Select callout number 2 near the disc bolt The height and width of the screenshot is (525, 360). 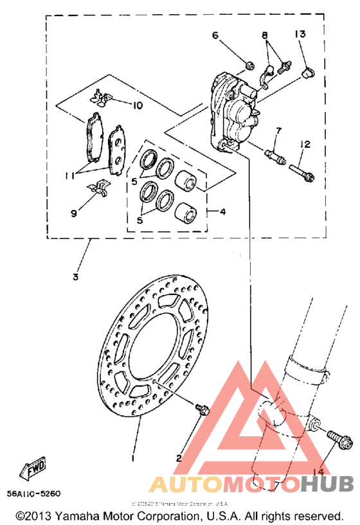tap(179, 458)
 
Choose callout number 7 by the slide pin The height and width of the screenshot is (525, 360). tap(278, 132)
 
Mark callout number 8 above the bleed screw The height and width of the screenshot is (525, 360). tap(264, 36)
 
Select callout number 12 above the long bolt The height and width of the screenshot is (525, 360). tap(304, 144)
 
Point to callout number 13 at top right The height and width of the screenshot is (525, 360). tap(300, 34)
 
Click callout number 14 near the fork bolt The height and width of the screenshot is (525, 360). tap(319, 472)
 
